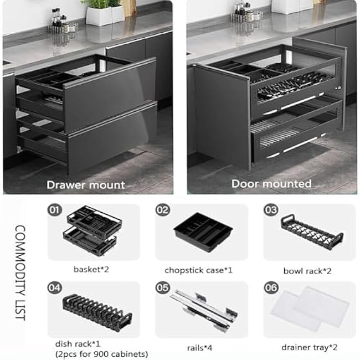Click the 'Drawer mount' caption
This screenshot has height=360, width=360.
pos(86,184)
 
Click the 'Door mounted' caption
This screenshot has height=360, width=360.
pos(271,183)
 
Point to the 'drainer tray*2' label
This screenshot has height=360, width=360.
pos(308,347)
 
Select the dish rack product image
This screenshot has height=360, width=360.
pos(94,313)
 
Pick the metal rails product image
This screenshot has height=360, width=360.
pos(203,312)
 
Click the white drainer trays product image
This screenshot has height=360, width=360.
pos(310,310)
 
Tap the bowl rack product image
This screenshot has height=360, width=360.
pos(311,232)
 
